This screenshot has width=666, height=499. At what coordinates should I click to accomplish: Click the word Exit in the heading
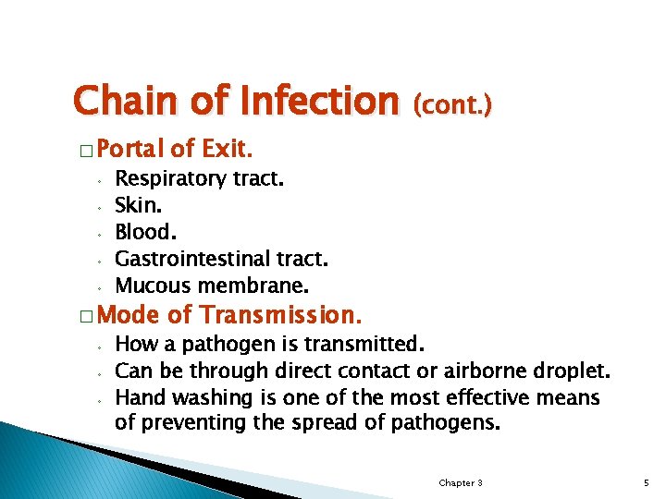[x=228, y=149]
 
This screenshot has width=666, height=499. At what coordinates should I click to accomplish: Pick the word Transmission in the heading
[x=277, y=315]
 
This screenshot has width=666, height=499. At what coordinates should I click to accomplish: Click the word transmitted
[x=373, y=346]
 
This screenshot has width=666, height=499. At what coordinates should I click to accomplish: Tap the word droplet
[x=572, y=371]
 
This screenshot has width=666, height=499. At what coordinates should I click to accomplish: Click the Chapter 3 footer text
[x=460, y=483]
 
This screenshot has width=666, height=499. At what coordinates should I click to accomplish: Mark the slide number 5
[x=646, y=483]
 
